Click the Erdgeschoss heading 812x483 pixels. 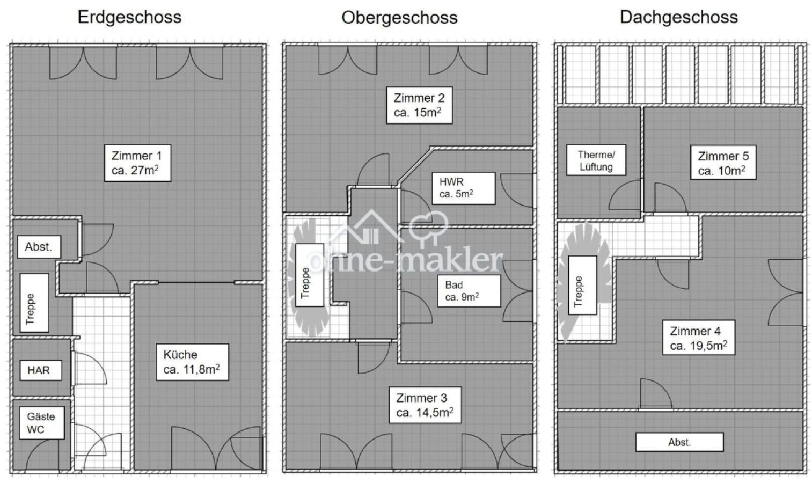[x=129, y=17]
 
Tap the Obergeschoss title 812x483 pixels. [x=399, y=18]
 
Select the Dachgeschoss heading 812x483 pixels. [x=679, y=17]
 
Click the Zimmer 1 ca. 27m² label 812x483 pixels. [x=137, y=163]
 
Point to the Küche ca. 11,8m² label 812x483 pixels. [x=192, y=362]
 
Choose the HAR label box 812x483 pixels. [x=39, y=370]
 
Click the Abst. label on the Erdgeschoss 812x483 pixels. [x=39, y=247]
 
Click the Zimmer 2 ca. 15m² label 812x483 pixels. [x=419, y=105]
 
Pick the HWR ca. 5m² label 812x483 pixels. [x=463, y=188]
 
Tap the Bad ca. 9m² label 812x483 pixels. [x=469, y=291]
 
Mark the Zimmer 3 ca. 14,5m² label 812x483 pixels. [x=425, y=405]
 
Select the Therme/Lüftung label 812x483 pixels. [x=596, y=160]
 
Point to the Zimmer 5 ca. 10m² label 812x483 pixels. [x=722, y=164]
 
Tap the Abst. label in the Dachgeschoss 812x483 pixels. [x=679, y=442]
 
